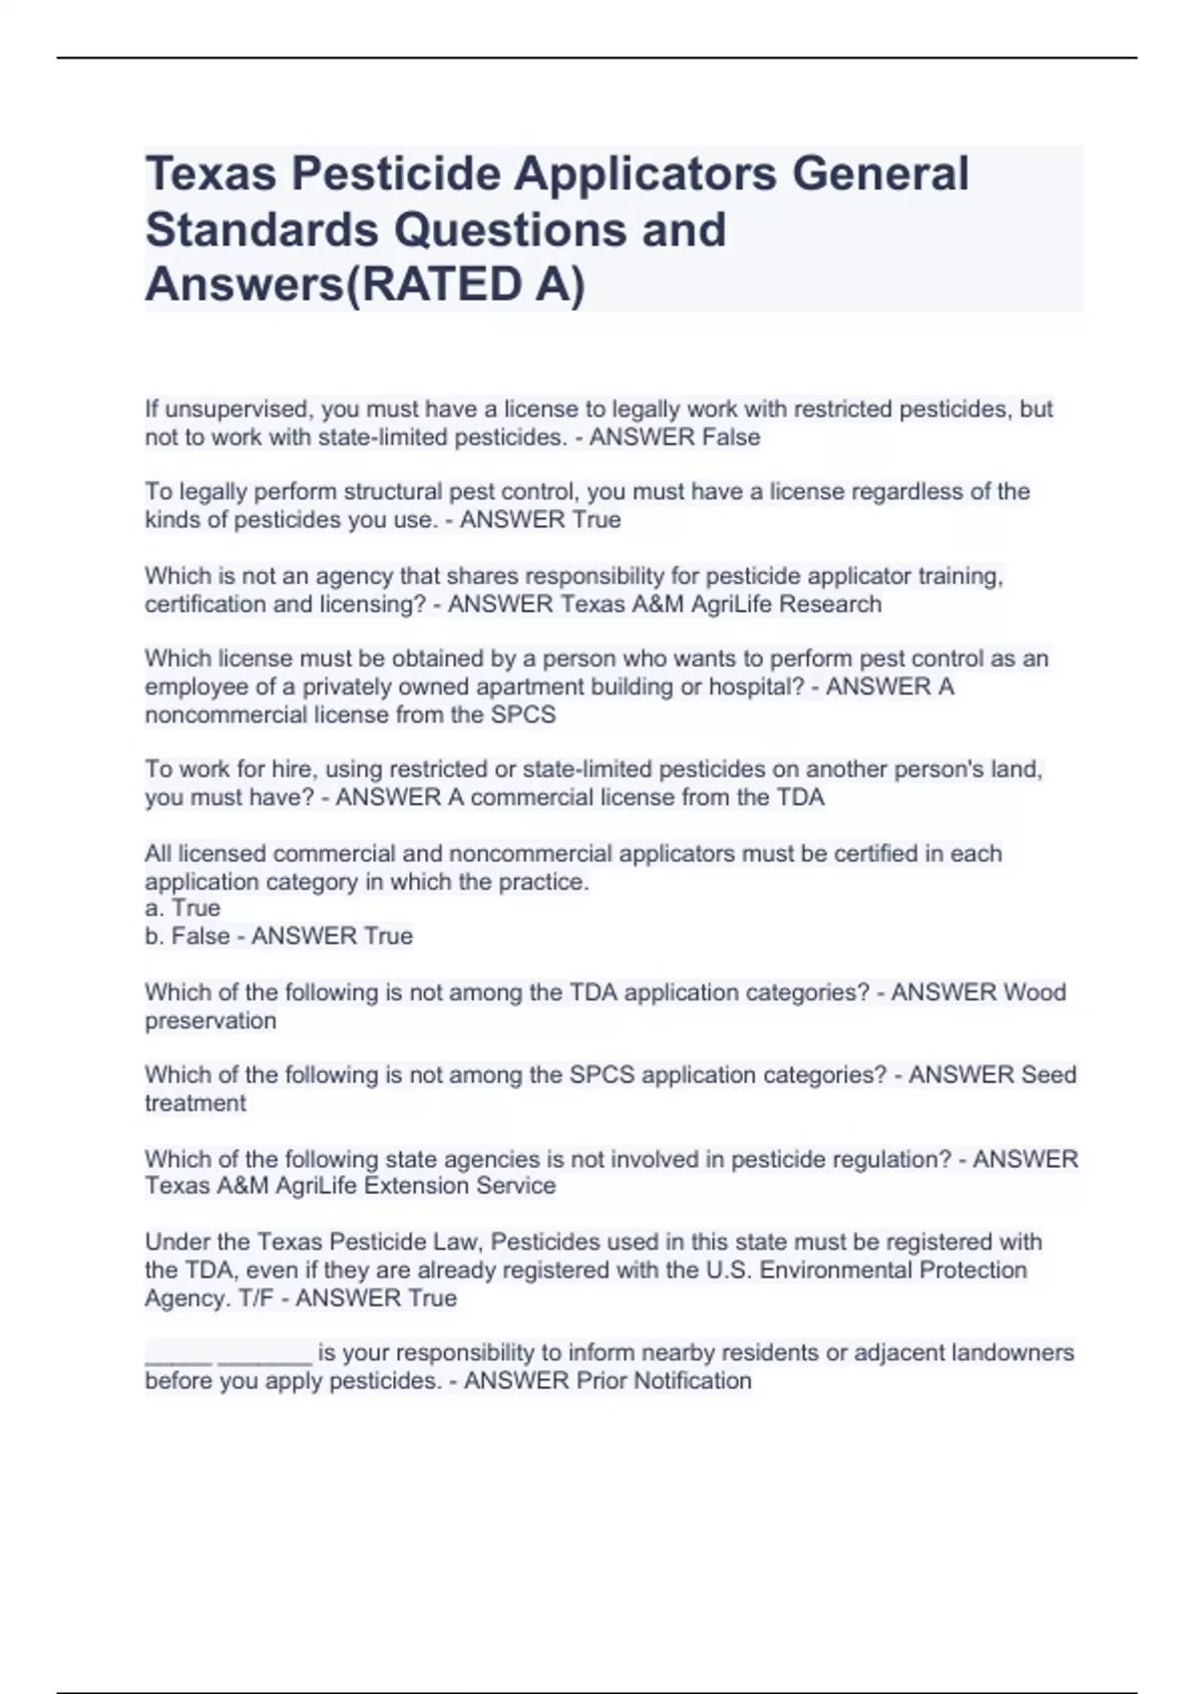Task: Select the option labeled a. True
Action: tap(182, 908)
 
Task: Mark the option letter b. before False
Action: tap(154, 937)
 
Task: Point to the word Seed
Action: tap(1049, 1075)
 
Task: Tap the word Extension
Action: tap(410, 1186)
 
